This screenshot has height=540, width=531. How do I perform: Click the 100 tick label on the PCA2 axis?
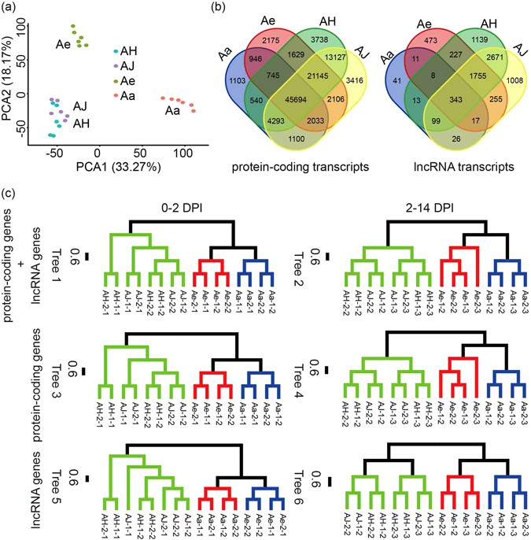(33, 25)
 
